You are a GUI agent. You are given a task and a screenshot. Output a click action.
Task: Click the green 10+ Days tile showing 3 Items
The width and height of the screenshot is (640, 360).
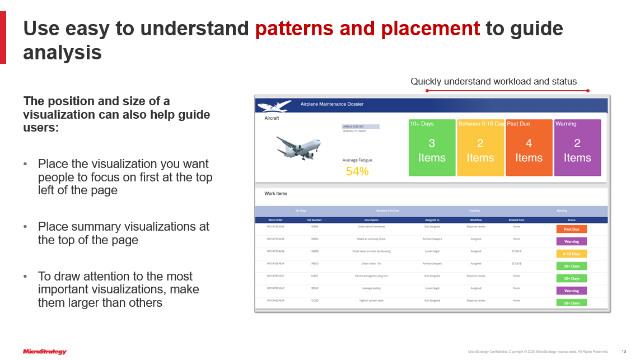click(432, 148)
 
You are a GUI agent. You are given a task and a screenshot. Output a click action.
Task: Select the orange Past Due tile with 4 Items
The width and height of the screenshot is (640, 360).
click(529, 148)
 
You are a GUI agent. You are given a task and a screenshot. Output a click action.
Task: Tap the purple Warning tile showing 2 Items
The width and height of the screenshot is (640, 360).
click(577, 148)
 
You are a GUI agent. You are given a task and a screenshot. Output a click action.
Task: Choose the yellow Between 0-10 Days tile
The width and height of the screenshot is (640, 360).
click(480, 148)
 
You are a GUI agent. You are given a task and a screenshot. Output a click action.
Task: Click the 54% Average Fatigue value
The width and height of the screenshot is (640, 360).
click(357, 172)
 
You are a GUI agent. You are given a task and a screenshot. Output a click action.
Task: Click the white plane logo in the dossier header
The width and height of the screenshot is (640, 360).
click(274, 105)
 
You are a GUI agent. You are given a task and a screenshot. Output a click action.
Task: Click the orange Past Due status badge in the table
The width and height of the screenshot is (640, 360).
click(571, 229)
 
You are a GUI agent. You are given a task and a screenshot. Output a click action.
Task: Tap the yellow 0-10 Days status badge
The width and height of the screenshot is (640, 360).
click(571, 254)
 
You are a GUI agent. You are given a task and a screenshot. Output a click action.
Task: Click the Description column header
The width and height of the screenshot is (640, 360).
click(371, 220)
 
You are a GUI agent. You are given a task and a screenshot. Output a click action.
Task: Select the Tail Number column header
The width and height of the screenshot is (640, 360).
click(314, 220)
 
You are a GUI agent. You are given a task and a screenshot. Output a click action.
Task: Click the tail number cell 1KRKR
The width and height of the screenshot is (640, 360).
click(314, 227)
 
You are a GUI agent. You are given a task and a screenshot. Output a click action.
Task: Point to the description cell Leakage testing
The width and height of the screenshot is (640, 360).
click(371, 288)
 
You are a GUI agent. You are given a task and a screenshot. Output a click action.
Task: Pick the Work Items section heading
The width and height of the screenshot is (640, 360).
click(275, 194)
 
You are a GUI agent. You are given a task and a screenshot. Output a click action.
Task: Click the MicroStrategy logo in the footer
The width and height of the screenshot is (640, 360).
click(45, 352)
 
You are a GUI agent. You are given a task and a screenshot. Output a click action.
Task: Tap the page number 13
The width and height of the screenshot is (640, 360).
click(624, 352)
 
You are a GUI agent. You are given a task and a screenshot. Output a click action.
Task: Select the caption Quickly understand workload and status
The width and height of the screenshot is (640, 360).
click(493, 82)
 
